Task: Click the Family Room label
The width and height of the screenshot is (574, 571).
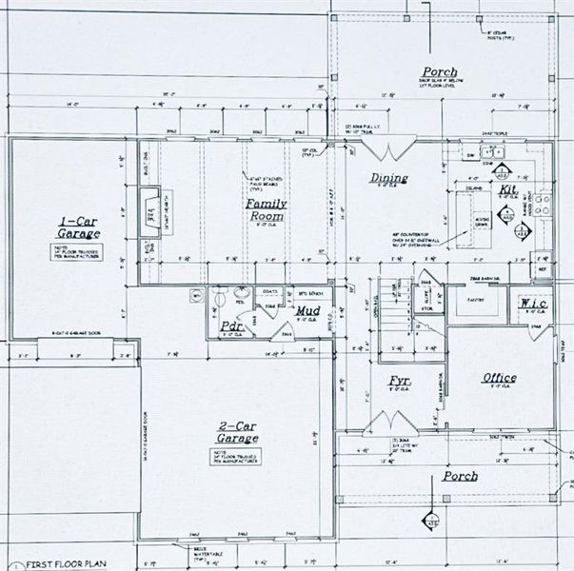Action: (267, 209)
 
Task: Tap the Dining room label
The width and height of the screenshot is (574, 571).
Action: (388, 178)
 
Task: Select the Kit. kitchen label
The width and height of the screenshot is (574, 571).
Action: (507, 190)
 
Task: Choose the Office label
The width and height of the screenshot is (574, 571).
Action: (499, 378)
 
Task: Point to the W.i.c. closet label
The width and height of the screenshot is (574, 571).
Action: (533, 305)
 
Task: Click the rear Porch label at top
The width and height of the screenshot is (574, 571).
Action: (439, 72)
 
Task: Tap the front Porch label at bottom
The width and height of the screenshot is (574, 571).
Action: (460, 476)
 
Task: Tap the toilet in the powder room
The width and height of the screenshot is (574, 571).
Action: (221, 299)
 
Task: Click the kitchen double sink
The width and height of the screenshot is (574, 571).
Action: (492, 152)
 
